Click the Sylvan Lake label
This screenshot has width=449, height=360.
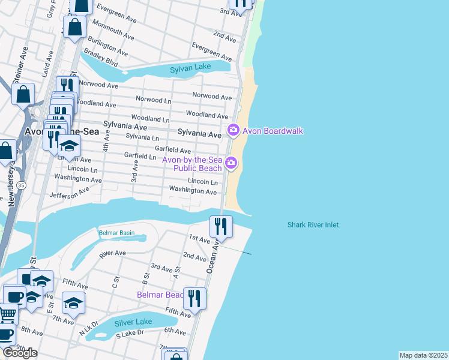190,67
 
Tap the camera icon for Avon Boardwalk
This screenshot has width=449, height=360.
232,130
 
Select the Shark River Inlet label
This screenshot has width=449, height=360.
313,225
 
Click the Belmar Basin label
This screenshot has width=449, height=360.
116,233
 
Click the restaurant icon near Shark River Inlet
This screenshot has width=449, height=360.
220,226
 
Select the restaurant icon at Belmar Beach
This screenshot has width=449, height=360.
194,298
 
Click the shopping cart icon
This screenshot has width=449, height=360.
7,313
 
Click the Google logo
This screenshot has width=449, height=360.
20,353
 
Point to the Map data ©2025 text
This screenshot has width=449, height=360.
423,355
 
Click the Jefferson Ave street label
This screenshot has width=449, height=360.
69,191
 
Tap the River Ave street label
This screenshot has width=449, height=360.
112,253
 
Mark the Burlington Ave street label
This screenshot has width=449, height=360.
107,46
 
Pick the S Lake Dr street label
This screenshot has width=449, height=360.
130,332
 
